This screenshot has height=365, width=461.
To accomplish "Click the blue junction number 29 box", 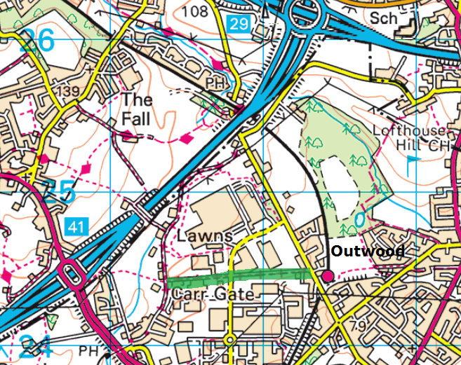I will [x=239, y=25].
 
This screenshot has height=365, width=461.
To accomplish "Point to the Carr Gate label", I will [x=212, y=294].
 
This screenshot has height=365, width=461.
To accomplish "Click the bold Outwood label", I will [x=367, y=251].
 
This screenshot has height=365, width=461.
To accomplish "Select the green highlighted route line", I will [x=239, y=277].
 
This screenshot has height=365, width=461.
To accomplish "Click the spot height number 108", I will [x=194, y=11].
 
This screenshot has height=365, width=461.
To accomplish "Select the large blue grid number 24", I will [x=35, y=347].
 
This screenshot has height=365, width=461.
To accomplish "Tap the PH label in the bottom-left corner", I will [x=89, y=350].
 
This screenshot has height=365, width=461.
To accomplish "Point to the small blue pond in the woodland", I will [x=360, y=219].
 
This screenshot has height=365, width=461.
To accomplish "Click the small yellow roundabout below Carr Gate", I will [x=229, y=340].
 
